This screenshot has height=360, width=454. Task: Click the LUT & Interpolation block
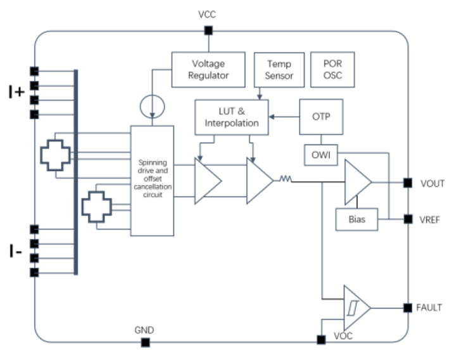click(x=231, y=117)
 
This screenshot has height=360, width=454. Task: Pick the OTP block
click(x=321, y=117)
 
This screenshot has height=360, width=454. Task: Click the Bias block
click(x=355, y=220)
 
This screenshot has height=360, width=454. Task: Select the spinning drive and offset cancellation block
click(x=151, y=181)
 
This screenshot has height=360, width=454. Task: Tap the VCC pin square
click(x=208, y=31)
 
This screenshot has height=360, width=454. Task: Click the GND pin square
click(x=145, y=343)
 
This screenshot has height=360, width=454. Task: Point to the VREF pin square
click(x=408, y=219)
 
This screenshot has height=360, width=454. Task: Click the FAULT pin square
click(x=408, y=308)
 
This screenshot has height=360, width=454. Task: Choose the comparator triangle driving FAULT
click(x=355, y=308)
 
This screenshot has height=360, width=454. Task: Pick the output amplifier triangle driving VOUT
click(x=356, y=183)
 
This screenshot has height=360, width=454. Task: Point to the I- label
click(x=16, y=252)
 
